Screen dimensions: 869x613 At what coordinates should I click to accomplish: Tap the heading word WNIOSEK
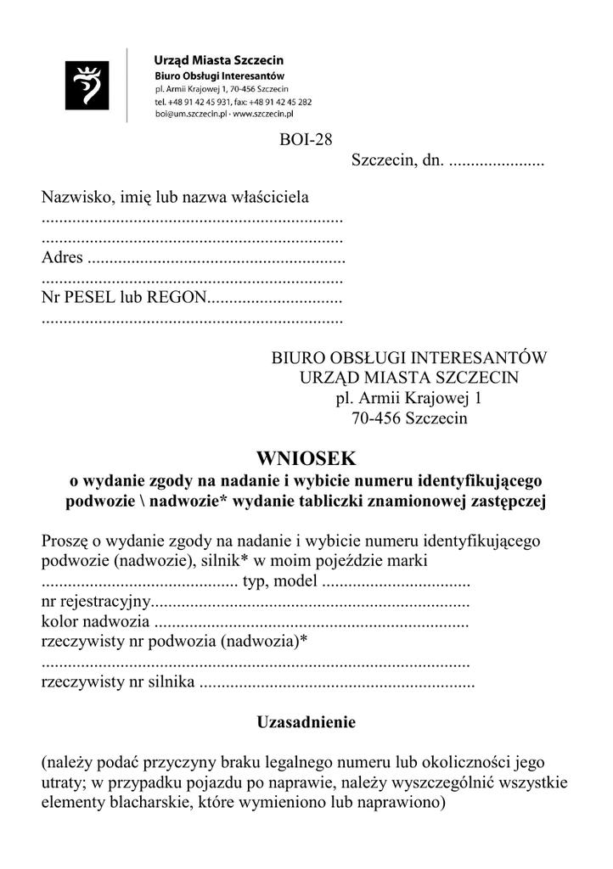point(307,458)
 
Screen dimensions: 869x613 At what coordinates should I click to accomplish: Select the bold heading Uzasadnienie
point(306,723)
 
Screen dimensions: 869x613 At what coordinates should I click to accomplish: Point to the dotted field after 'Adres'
point(216,258)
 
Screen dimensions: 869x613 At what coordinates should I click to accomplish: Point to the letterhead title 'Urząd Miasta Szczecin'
point(218,61)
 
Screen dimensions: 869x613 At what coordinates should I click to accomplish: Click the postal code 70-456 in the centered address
point(376,418)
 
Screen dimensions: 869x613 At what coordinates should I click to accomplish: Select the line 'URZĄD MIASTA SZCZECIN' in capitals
point(408,378)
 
